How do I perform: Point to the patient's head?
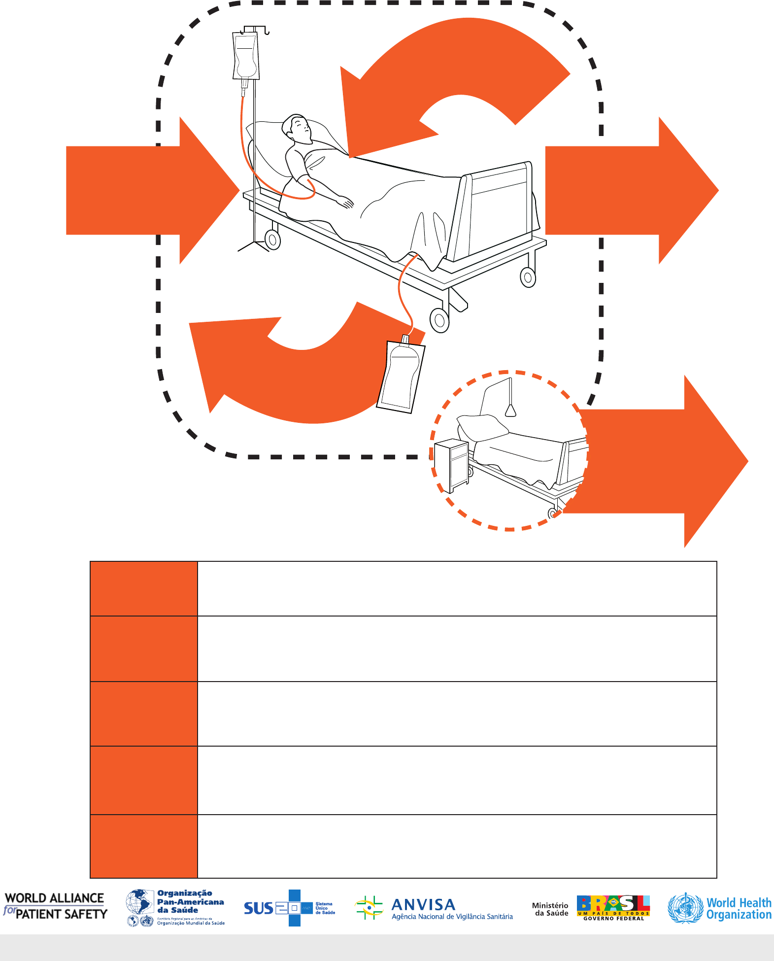tap(298, 129)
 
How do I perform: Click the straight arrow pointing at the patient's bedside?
tap(148, 190)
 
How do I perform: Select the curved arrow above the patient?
tap(458, 74)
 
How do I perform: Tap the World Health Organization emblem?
tap(685, 908)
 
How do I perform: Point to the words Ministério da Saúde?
tap(550, 909)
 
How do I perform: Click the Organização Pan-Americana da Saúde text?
tap(190, 902)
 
